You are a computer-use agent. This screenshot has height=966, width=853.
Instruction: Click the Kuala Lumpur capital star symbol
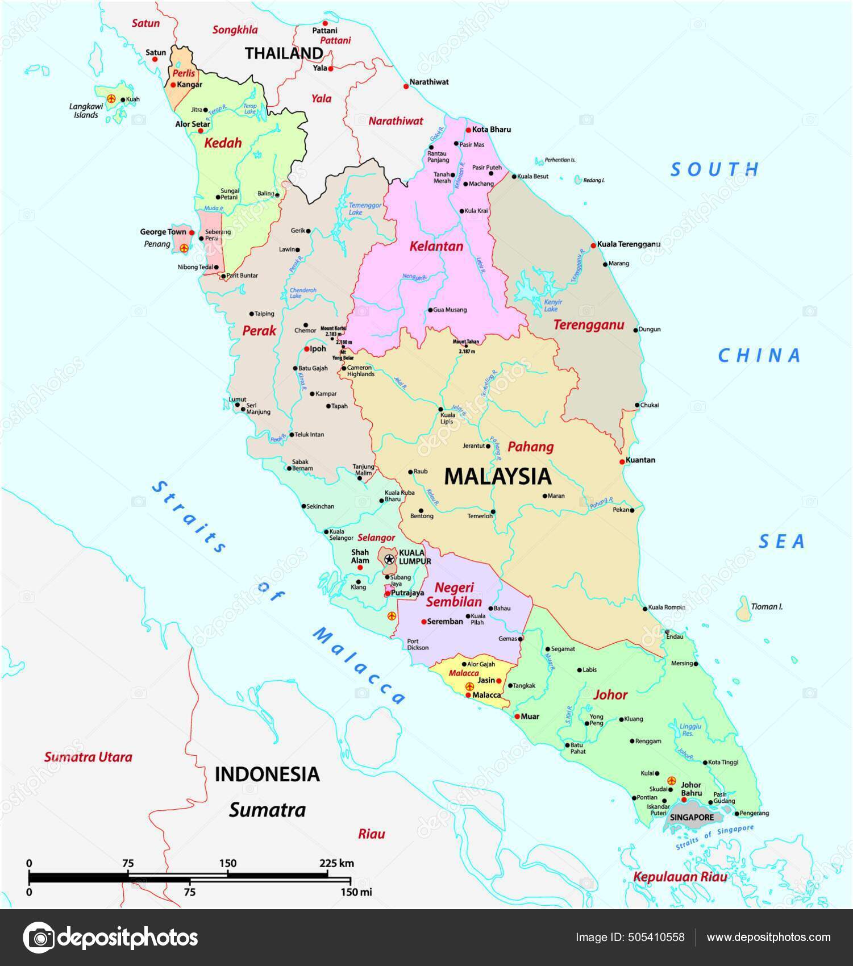(x=389, y=559)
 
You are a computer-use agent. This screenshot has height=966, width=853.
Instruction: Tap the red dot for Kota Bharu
(x=468, y=130)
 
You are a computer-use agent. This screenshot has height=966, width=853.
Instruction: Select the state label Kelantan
(x=436, y=247)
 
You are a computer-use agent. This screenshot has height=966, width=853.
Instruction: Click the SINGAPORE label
(x=692, y=818)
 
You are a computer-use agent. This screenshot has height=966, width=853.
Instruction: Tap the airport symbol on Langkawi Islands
(x=111, y=99)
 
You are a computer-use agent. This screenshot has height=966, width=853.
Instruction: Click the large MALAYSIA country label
(x=497, y=476)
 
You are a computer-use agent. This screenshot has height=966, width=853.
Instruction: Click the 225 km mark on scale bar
(x=328, y=864)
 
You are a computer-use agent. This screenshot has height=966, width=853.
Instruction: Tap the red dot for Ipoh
(x=306, y=349)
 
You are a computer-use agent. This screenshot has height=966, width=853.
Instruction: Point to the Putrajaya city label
(x=407, y=593)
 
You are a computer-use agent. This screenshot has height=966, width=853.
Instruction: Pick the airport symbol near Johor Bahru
(x=672, y=781)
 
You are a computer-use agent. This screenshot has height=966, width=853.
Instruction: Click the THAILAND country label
(x=284, y=53)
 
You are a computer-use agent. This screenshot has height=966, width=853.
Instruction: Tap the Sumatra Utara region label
(x=88, y=757)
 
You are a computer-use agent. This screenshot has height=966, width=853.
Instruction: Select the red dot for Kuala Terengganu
(x=593, y=245)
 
